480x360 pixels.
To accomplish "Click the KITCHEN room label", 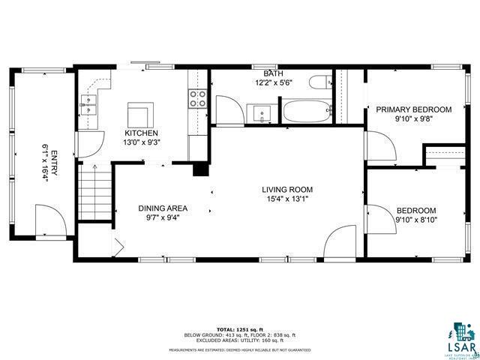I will pos(140,132).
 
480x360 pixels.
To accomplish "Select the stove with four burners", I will pos(197,100).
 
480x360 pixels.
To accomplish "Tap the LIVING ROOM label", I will pos(287,189).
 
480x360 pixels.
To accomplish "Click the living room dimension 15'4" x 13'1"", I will pos(287,198).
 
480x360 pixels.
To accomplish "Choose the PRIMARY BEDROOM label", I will pos(413,109).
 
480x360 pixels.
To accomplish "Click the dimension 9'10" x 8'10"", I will pos(416,220).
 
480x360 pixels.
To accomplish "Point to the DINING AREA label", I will pos(163,208).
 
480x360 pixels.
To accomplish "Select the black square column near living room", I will pos(200,169).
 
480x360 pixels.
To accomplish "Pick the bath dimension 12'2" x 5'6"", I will pos(267,82).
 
